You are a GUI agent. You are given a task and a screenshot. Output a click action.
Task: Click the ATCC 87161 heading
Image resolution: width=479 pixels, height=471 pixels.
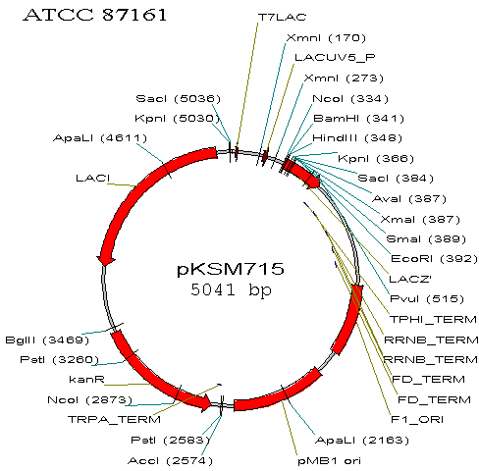tap(95, 15)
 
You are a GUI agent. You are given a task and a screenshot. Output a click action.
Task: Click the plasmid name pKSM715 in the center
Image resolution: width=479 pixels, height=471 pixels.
tap(231, 269)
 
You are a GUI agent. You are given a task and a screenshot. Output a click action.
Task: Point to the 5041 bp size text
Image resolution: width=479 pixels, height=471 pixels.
tap(231, 289)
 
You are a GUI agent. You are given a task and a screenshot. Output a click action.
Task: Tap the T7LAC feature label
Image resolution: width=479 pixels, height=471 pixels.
tap(282, 17)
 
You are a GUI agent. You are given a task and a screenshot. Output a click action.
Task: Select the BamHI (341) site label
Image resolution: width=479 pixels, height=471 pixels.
tap(358, 119)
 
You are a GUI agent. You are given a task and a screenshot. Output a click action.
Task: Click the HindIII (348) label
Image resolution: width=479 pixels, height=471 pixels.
tap(357, 138)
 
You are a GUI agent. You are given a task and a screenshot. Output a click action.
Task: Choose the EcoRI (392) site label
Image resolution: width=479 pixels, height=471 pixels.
tap(434, 259)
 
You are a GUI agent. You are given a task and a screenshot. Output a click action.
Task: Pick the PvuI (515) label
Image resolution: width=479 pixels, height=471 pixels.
tap(427, 299)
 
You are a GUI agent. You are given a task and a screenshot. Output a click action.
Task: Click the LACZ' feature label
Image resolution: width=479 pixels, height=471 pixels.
tap(410, 279)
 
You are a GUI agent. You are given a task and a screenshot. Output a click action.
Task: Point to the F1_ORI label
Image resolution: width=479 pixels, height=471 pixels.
tap(417, 420)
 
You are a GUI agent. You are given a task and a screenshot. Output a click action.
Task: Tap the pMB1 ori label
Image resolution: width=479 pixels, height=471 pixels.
tap(329, 461)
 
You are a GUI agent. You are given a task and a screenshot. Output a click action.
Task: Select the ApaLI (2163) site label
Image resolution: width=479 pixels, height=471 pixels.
tap(362, 441)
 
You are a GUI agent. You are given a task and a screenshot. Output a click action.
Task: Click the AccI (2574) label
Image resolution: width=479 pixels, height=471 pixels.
tap(170, 461)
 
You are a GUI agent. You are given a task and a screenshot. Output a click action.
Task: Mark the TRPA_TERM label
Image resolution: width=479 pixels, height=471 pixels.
tap(114, 420)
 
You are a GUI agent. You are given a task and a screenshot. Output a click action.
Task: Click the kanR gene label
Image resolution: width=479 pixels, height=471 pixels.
tap(87, 380)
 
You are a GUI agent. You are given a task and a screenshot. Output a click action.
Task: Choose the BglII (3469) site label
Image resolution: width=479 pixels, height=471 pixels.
tap(47, 340)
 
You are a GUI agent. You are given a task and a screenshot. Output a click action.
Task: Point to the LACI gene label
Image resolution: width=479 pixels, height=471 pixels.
tap(93, 179)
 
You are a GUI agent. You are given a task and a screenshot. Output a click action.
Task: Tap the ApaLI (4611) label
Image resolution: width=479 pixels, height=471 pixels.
tap(100, 138)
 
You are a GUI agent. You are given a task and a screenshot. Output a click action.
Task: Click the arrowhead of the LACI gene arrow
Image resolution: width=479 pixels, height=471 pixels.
tap(106, 261)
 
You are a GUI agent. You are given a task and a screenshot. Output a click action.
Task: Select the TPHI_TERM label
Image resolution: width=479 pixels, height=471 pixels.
tap(433, 319)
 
